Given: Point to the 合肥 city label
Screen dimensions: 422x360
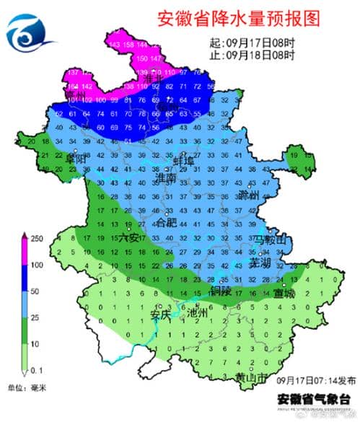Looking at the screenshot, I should click(167, 221).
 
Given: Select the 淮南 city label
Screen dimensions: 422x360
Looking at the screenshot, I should click(166, 177).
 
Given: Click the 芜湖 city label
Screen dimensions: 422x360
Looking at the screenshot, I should click(260, 263).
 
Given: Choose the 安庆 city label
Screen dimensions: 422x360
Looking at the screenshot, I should click(161, 315).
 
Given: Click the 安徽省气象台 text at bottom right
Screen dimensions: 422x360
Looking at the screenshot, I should click(314, 398).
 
